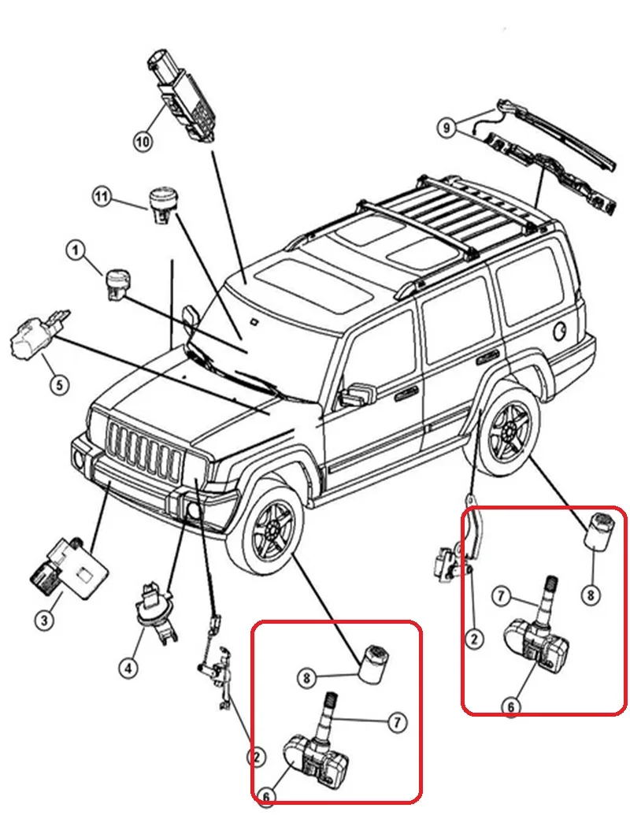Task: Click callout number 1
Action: click(75, 251)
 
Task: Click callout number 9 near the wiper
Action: click(447, 126)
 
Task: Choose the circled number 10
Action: click(142, 142)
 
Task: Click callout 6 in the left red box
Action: click(267, 797)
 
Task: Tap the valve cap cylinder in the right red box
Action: click(602, 530)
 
